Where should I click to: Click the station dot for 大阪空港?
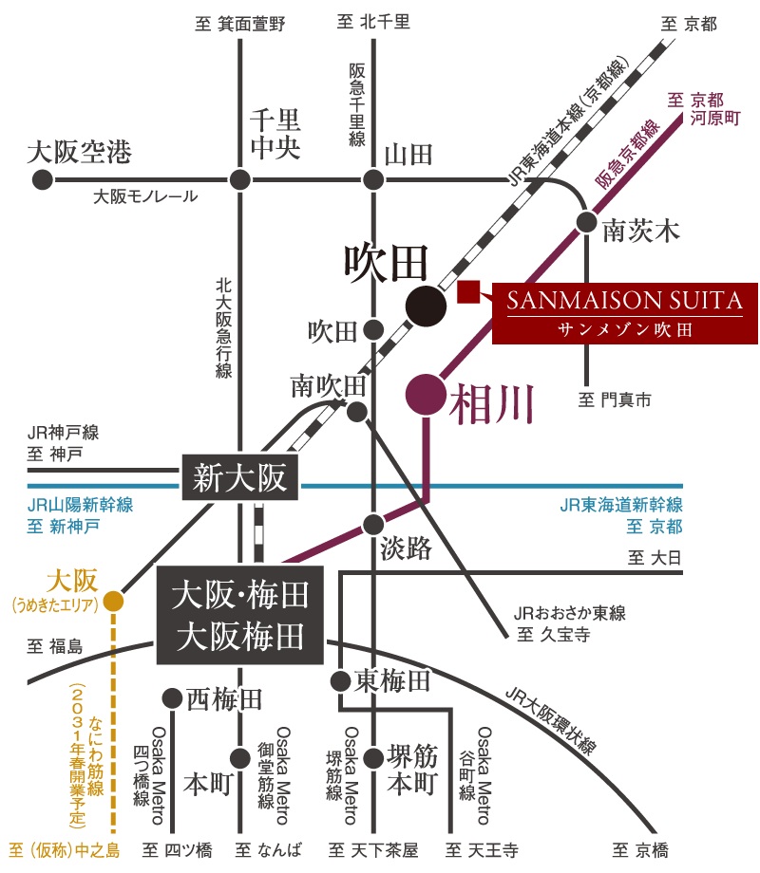pos(43,180)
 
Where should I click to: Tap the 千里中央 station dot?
pos(239,180)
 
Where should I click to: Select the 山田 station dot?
pos(373,180)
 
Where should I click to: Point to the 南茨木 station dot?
pos(586,222)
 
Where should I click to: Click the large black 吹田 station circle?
pos(426,306)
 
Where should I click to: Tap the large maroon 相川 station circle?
pos(426,395)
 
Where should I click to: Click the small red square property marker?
pos(468,291)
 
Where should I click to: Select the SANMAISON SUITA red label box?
pos(625,313)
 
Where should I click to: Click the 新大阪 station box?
pos(239,477)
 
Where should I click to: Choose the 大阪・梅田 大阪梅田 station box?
pos(239,615)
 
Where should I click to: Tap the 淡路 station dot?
pos(373,525)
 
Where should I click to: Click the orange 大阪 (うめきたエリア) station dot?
pos(113,601)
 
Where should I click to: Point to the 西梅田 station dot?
pos(172,697)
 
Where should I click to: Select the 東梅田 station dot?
pos(340,680)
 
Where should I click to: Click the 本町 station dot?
pos(239,758)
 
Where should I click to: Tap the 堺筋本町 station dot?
pos(373,758)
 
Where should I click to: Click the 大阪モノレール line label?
pos(145,196)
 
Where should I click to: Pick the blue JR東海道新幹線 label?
pos(621,505)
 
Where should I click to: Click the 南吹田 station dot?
pos(357,412)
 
